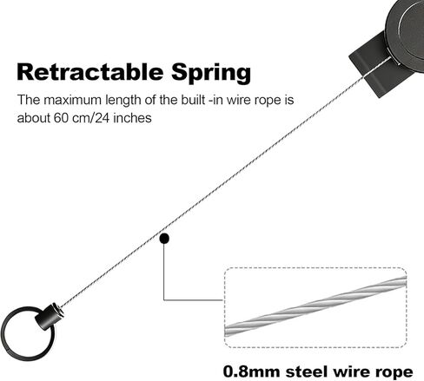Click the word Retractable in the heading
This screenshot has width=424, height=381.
(x=89, y=72)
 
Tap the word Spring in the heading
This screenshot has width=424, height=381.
(x=211, y=73)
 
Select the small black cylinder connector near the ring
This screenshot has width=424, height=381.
(x=50, y=316)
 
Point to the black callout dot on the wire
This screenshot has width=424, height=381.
(x=164, y=239)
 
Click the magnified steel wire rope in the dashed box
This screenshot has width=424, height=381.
(x=315, y=306)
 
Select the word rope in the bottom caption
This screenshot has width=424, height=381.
(x=394, y=372)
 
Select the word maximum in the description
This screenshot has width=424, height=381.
(x=72, y=100)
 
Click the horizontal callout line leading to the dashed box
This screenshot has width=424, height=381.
(x=194, y=300)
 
